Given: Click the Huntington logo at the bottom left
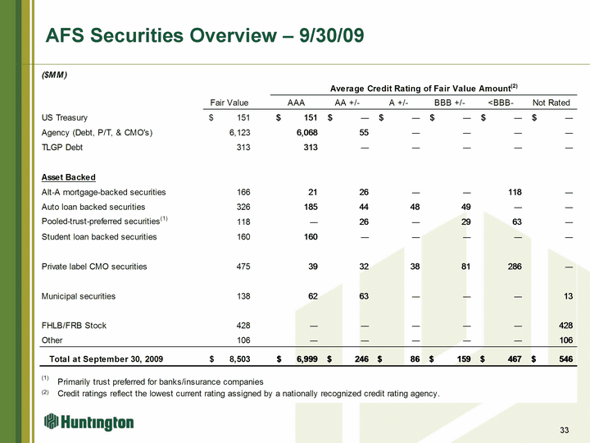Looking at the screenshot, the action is [88, 422].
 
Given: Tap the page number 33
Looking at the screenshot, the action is [564, 430].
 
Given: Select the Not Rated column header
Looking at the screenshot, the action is [551, 103].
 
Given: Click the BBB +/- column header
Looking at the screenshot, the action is [449, 103].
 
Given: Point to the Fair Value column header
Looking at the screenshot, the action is [229, 103].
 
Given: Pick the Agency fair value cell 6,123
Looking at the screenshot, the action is [239, 133].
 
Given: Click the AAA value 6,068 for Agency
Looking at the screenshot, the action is [306, 133].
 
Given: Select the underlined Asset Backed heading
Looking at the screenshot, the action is [69, 177].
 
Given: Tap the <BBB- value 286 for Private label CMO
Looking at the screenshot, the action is [515, 267].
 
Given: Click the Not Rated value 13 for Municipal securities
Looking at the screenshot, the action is [568, 296].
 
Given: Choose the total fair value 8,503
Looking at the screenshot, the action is [239, 359].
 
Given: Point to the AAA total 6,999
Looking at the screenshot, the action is [307, 359].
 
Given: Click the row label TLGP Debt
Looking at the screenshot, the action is [62, 148].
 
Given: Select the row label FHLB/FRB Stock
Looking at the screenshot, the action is [74, 326].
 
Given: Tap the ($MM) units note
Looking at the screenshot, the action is [54, 75].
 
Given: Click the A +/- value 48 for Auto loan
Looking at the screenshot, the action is [415, 208].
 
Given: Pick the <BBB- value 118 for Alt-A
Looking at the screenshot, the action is [515, 192].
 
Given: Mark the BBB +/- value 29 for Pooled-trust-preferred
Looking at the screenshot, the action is [465, 221].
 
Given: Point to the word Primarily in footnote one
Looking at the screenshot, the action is [74, 382].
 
